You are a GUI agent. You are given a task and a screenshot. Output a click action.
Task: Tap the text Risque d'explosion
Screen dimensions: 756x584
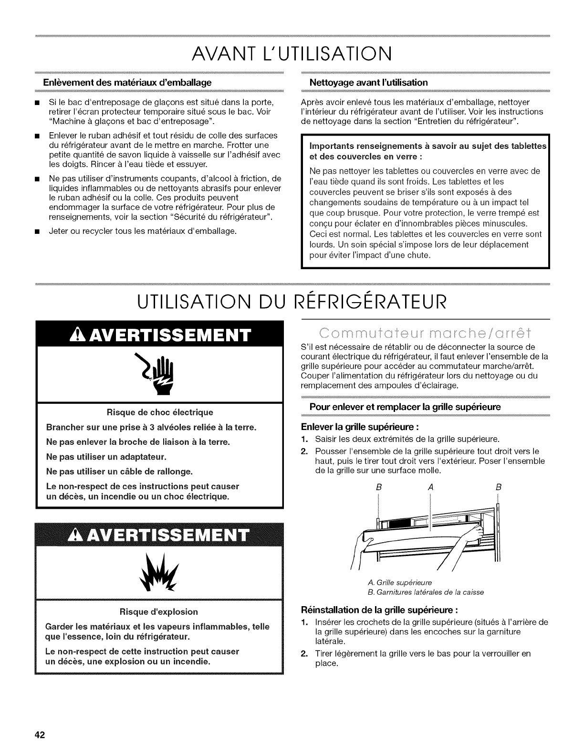point(159,611)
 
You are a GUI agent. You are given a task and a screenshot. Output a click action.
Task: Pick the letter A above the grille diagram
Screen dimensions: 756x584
point(430,488)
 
